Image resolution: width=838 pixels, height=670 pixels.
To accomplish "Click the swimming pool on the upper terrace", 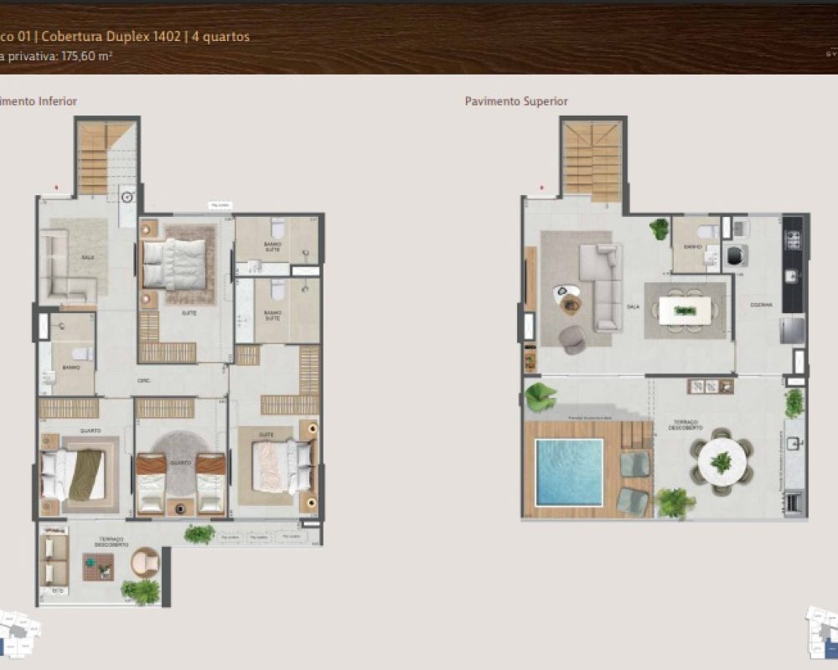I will click(569, 472).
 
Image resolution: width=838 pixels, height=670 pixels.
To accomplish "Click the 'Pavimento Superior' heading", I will click(516, 101).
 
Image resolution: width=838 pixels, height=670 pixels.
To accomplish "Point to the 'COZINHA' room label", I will click(761, 305).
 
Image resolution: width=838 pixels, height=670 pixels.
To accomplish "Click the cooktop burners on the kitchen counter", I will click(792, 240).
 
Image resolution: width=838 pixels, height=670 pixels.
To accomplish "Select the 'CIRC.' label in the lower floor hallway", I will click(144, 380).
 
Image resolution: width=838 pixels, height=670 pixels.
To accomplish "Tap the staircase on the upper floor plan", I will click(592, 161).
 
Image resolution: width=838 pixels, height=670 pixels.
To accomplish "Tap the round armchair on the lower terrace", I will click(145, 560).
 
